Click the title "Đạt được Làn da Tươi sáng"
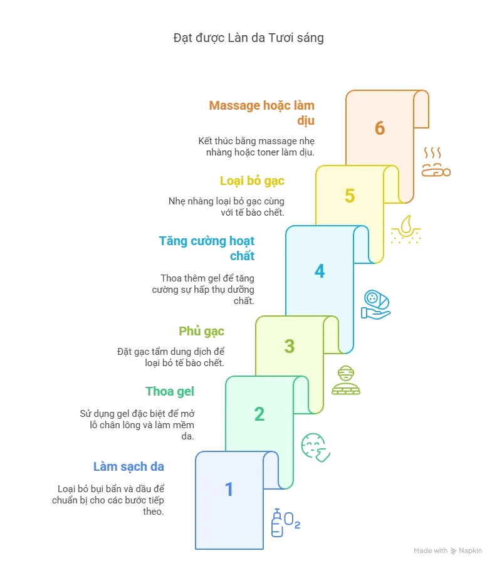pyautogui.click(x=248, y=38)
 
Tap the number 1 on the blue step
pyautogui.click(x=229, y=490)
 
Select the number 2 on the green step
pyautogui.click(x=259, y=414)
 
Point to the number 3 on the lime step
pyautogui.click(x=290, y=346)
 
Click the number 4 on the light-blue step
pyautogui.click(x=320, y=271)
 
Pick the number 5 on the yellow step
pyautogui.click(x=350, y=196)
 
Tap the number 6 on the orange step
pyautogui.click(x=380, y=128)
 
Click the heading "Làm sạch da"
pyautogui.click(x=128, y=466)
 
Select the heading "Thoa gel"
pyautogui.click(x=170, y=392)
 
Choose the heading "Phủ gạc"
pyautogui.click(x=201, y=331)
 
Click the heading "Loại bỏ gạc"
pyautogui.click(x=252, y=181)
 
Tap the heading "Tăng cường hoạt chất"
pyautogui.click(x=207, y=248)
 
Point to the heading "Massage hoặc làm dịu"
pyautogui.click(x=262, y=113)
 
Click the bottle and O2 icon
pyautogui.click(x=286, y=523)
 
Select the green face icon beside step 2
pyautogui.click(x=315, y=448)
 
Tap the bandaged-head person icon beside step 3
pyautogui.click(x=346, y=380)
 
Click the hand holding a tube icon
pyautogui.click(x=376, y=305)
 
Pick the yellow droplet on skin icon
pyautogui.click(x=406, y=229)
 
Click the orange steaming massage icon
pyautogui.click(x=436, y=162)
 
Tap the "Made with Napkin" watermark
pyautogui.click(x=447, y=550)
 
